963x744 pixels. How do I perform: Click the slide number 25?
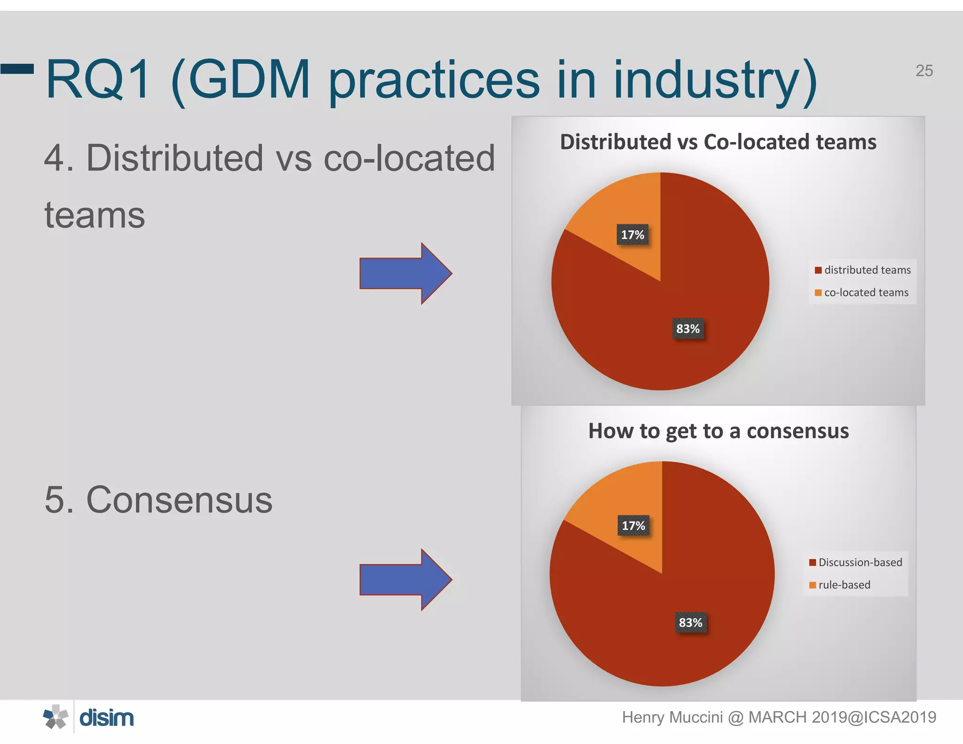tap(924, 71)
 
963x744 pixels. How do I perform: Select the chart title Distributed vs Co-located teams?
tap(718, 142)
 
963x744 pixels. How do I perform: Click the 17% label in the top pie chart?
tap(632, 235)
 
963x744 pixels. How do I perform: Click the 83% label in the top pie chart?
tap(687, 329)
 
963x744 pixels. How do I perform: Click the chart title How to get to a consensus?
tap(718, 431)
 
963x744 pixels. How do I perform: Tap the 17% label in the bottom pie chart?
tap(633, 526)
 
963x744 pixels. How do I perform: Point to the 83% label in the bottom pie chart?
tap(690, 623)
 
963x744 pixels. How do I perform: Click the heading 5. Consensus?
tap(158, 499)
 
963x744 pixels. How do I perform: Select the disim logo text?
tap(106, 718)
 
